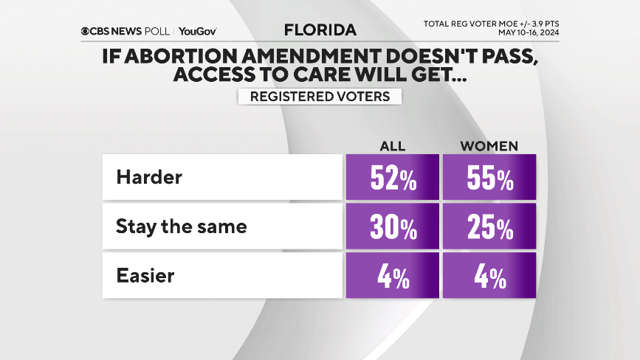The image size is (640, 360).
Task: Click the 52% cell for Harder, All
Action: click(x=392, y=178)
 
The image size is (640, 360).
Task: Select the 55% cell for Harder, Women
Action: click(x=488, y=178)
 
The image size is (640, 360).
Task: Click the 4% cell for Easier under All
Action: click(x=392, y=277)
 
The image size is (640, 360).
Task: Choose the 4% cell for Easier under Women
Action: click(x=488, y=277)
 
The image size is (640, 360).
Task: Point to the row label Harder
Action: click(x=148, y=178)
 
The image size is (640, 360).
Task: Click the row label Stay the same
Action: click(x=181, y=227)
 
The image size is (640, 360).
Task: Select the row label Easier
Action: click(x=145, y=276)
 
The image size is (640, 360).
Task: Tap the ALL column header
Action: click(x=392, y=145)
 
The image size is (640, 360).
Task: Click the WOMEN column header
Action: click(x=489, y=145)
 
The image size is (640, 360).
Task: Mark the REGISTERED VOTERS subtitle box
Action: click(x=320, y=97)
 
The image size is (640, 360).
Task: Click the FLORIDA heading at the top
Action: click(x=320, y=30)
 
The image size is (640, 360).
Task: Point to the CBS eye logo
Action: click(x=86, y=31)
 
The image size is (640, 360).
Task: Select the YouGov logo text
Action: click(x=197, y=31)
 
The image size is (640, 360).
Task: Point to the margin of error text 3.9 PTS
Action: click(x=541, y=24)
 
